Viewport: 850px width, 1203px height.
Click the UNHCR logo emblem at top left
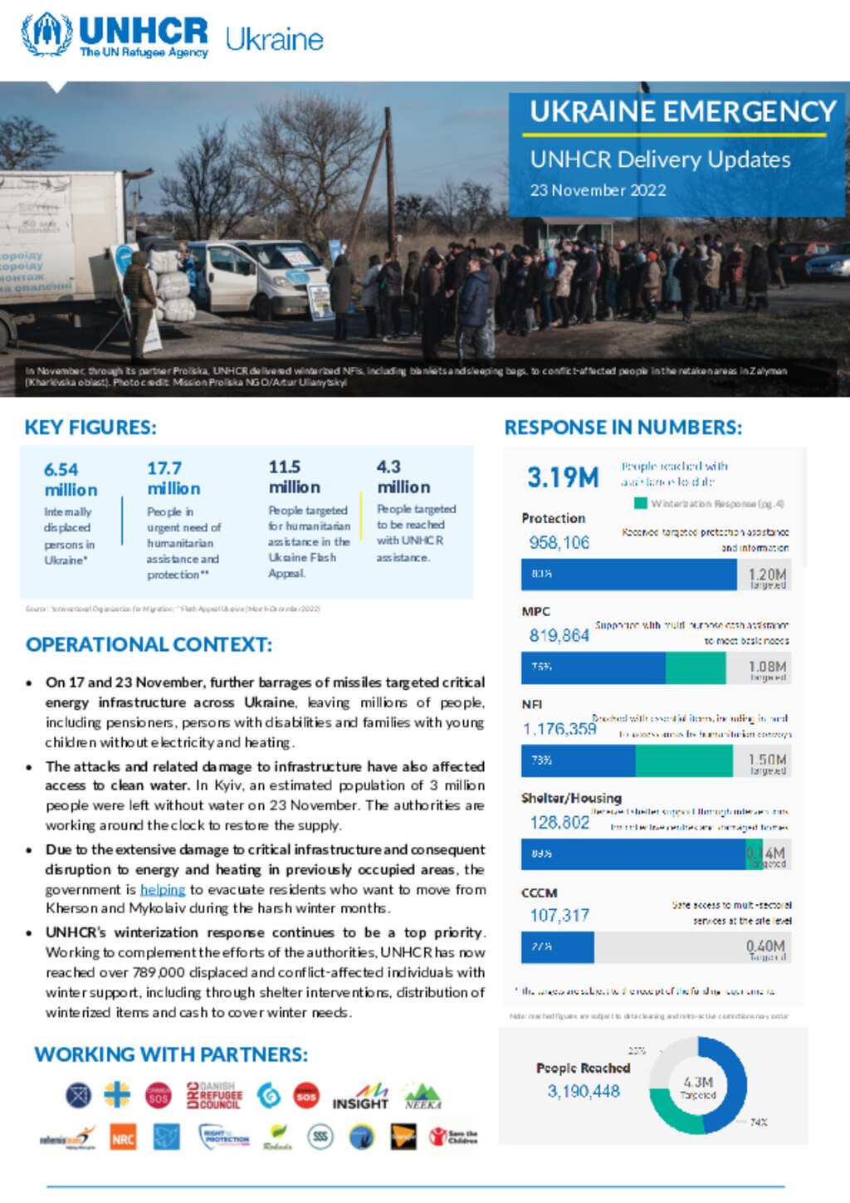click(x=46, y=34)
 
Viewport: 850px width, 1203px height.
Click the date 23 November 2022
click(x=598, y=190)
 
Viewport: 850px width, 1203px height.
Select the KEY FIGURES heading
click(x=90, y=428)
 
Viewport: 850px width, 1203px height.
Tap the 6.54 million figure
click(x=71, y=480)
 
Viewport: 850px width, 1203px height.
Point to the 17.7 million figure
click(x=173, y=479)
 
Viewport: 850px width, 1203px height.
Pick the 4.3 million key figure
click(x=403, y=477)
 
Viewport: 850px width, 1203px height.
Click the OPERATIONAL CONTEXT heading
click(x=149, y=644)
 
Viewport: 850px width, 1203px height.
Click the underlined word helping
click(x=163, y=890)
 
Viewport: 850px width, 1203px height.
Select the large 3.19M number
click(x=563, y=477)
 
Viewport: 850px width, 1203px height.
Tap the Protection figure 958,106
click(x=559, y=543)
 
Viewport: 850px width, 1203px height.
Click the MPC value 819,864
click(x=559, y=636)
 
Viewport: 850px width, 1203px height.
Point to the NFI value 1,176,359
click(x=559, y=729)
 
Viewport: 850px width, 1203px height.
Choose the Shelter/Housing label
click(x=571, y=798)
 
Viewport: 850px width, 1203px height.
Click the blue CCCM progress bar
click(x=558, y=947)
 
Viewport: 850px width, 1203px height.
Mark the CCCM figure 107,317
click(x=559, y=916)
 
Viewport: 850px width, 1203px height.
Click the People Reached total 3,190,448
click(x=583, y=1091)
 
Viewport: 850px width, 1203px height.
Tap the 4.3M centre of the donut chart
click(x=697, y=1087)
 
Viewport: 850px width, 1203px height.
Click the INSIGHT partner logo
click(x=360, y=1098)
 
